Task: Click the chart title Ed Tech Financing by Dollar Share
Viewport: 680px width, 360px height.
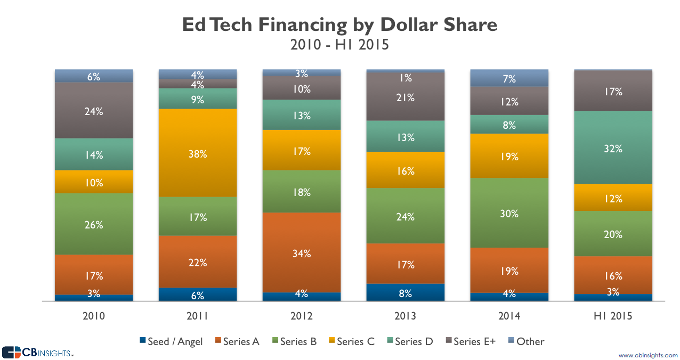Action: [339, 24]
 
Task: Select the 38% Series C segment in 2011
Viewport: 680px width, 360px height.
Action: [198, 153]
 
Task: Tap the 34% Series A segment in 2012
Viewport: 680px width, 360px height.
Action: [302, 253]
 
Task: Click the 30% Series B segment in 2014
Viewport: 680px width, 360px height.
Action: [509, 213]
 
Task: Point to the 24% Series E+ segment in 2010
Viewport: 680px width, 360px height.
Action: [94, 111]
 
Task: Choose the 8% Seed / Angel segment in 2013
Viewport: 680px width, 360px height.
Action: [406, 292]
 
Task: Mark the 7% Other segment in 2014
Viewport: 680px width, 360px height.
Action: [509, 78]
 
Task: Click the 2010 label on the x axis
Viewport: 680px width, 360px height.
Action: [94, 316]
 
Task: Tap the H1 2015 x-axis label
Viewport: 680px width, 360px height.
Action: [613, 316]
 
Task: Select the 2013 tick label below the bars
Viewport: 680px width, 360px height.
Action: [406, 316]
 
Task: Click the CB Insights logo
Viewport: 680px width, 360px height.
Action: [37, 353]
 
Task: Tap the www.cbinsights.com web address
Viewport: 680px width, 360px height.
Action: [647, 355]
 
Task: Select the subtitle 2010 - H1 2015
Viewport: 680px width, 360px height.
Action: [339, 45]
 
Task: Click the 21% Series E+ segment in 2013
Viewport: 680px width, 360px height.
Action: [406, 97]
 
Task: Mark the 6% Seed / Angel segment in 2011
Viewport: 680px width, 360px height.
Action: [198, 295]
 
